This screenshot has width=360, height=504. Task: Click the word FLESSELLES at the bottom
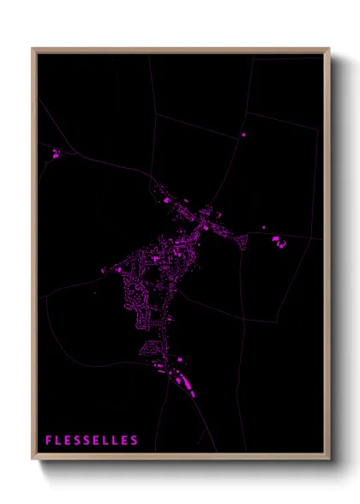tap(92, 441)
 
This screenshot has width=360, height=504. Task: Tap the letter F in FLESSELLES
tap(49, 441)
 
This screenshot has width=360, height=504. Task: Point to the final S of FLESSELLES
tap(135, 441)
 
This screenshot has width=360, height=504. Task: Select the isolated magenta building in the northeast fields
tap(243, 135)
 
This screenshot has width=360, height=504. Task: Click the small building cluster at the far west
tap(58, 154)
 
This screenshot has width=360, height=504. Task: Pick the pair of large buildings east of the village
tap(279, 242)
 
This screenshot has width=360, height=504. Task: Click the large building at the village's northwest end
tap(165, 199)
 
